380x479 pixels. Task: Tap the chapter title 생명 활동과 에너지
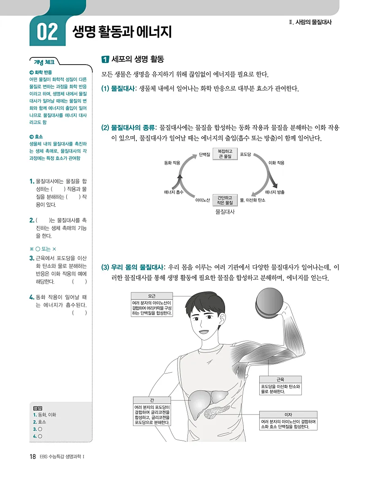[x=122, y=32]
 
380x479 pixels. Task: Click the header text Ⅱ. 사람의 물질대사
[x=308, y=22]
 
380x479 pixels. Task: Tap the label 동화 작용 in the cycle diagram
[x=172, y=162]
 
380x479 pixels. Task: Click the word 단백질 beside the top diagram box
[x=204, y=154]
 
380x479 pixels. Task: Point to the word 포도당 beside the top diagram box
[x=245, y=154]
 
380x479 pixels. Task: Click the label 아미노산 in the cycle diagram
[x=203, y=200]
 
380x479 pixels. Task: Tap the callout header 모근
[x=151, y=296]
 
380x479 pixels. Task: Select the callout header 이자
[x=288, y=415]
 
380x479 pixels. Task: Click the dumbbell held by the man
[x=269, y=303]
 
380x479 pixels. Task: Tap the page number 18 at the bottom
[x=33, y=457]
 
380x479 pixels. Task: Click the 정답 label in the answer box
[x=38, y=408]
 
